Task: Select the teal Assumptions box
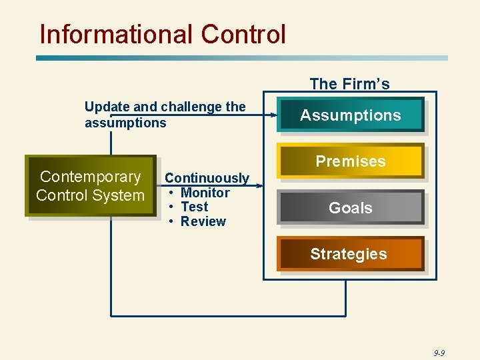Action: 351,115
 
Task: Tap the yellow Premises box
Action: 351,161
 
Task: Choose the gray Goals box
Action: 351,208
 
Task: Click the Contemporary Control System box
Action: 91,186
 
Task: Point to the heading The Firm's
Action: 349,84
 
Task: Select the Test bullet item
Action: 194,207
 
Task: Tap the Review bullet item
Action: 203,222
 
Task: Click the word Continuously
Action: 207,178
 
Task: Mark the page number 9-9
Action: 439,353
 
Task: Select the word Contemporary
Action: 91,177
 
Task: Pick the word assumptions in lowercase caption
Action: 125,123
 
